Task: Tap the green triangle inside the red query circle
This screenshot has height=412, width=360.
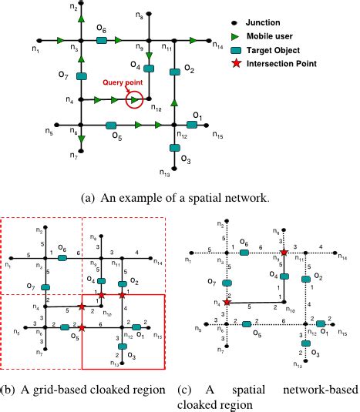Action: coord(134,99)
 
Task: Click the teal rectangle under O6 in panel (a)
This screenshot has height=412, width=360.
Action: coord(101,39)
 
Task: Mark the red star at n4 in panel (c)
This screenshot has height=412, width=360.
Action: coord(227,303)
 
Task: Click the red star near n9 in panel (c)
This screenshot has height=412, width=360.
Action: coord(284,252)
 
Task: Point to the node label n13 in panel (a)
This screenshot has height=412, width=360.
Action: coord(164,173)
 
